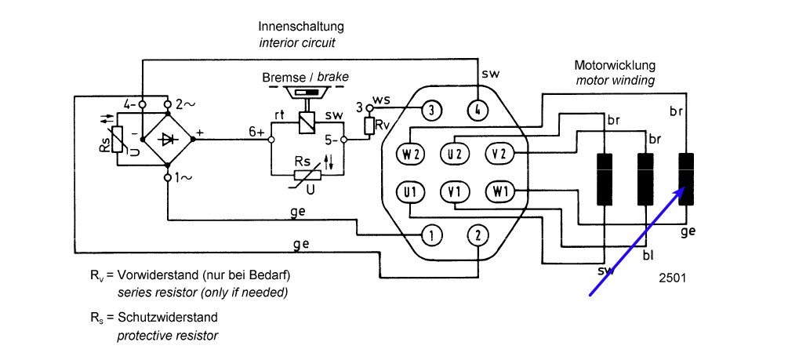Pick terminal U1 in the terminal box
[409, 191]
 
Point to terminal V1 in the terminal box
[454, 191]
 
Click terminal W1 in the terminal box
[499, 191]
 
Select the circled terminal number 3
[432, 110]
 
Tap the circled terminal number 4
[478, 110]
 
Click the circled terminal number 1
[432, 234]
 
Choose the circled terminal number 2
[478, 234]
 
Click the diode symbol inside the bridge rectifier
[168, 140]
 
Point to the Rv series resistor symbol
[369, 125]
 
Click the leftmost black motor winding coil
[605, 178]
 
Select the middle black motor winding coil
[646, 178]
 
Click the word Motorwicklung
[614, 65]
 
